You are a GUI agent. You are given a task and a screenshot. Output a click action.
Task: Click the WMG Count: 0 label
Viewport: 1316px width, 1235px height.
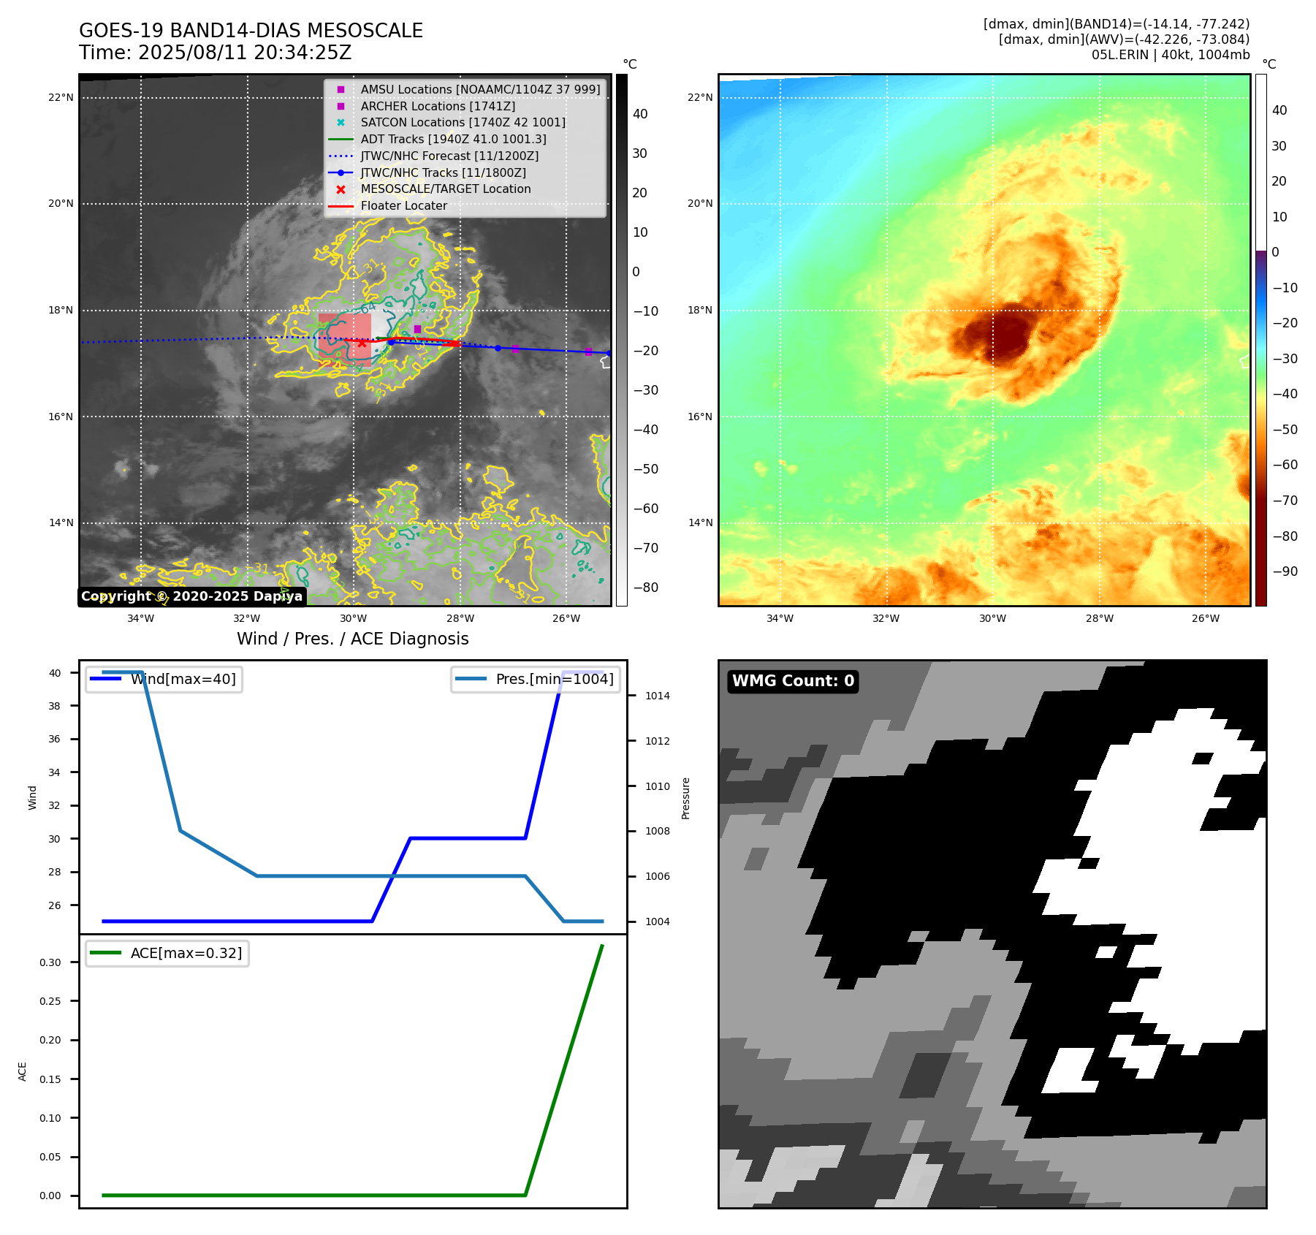click(793, 681)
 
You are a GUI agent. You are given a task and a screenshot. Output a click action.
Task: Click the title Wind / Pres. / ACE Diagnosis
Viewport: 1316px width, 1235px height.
click(352, 639)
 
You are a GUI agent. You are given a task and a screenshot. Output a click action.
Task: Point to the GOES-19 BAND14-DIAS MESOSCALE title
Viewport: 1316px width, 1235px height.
click(251, 31)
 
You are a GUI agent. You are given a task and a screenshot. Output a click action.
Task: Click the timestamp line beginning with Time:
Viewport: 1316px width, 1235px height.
click(215, 53)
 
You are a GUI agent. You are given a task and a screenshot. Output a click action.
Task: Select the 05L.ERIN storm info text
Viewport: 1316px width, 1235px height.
click(1170, 55)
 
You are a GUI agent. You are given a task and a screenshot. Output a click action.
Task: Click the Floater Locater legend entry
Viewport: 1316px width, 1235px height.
click(403, 206)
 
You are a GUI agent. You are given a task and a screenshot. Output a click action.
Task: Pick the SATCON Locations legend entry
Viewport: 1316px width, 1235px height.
click(463, 123)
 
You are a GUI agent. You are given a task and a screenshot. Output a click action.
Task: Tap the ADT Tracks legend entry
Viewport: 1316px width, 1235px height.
click(453, 139)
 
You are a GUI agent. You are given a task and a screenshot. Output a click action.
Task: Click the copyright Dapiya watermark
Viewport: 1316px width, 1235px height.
click(191, 596)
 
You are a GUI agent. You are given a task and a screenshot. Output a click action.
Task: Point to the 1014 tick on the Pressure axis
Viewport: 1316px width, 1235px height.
click(657, 696)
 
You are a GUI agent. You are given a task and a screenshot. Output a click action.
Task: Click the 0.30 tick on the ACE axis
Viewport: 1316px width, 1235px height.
click(50, 962)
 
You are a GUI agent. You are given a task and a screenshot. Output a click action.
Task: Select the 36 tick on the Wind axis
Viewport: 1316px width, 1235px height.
click(55, 739)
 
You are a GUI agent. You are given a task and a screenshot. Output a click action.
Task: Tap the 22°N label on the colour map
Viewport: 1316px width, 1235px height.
click(699, 97)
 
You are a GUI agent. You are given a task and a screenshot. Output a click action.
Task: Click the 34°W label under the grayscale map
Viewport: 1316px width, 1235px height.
click(140, 618)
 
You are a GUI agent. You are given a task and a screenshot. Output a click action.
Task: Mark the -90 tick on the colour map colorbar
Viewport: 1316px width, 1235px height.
click(1285, 571)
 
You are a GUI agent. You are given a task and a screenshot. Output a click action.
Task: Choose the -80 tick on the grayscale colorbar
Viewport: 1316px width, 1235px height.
click(645, 588)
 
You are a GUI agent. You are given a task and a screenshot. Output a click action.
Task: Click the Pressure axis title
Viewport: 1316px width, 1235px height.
click(685, 798)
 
